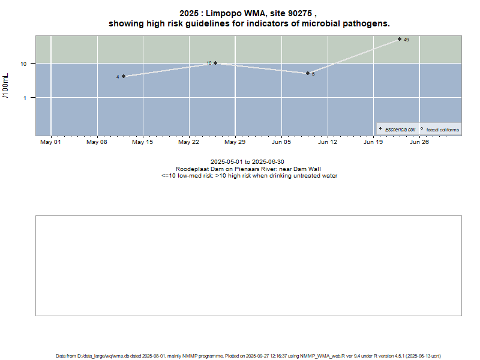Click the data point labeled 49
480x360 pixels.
[x=400, y=39]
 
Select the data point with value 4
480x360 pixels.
[x=124, y=76]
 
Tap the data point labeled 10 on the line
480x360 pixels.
[x=215, y=63]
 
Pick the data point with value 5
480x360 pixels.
[x=308, y=73]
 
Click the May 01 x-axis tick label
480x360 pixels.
[x=50, y=142]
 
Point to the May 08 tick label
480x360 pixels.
[x=97, y=142]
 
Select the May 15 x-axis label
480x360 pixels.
[x=143, y=142]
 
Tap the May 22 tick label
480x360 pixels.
[x=189, y=142]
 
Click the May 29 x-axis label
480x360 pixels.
[x=235, y=142]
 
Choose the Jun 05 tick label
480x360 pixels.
[x=281, y=142]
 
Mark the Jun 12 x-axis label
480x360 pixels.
[x=327, y=142]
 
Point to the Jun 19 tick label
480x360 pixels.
[x=373, y=142]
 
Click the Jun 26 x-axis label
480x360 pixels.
[x=419, y=142]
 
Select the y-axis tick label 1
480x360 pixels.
[x=25, y=97]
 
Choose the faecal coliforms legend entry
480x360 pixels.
[x=442, y=129]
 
